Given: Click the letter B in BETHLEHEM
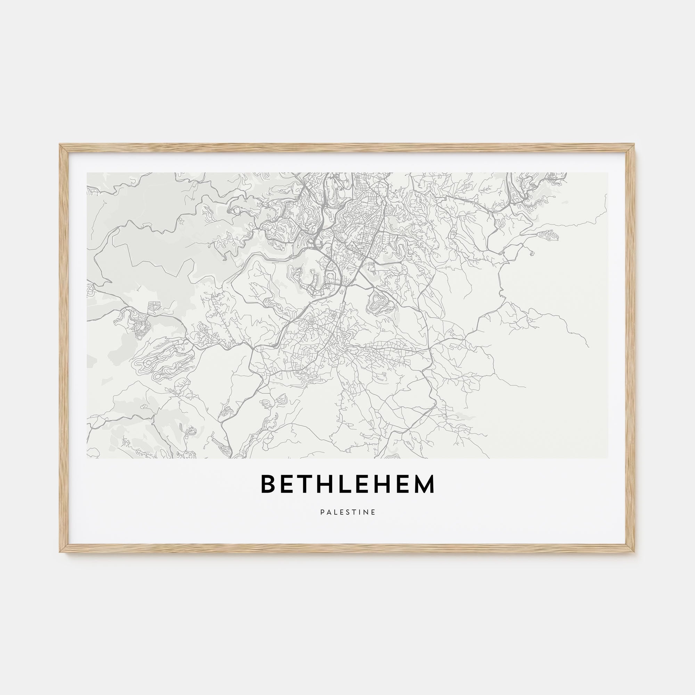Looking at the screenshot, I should click(x=268, y=484).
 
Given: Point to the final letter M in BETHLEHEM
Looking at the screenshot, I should click(x=425, y=484).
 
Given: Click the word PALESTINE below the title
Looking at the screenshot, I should click(x=347, y=512).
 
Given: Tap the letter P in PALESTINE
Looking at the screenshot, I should click(x=322, y=512).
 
